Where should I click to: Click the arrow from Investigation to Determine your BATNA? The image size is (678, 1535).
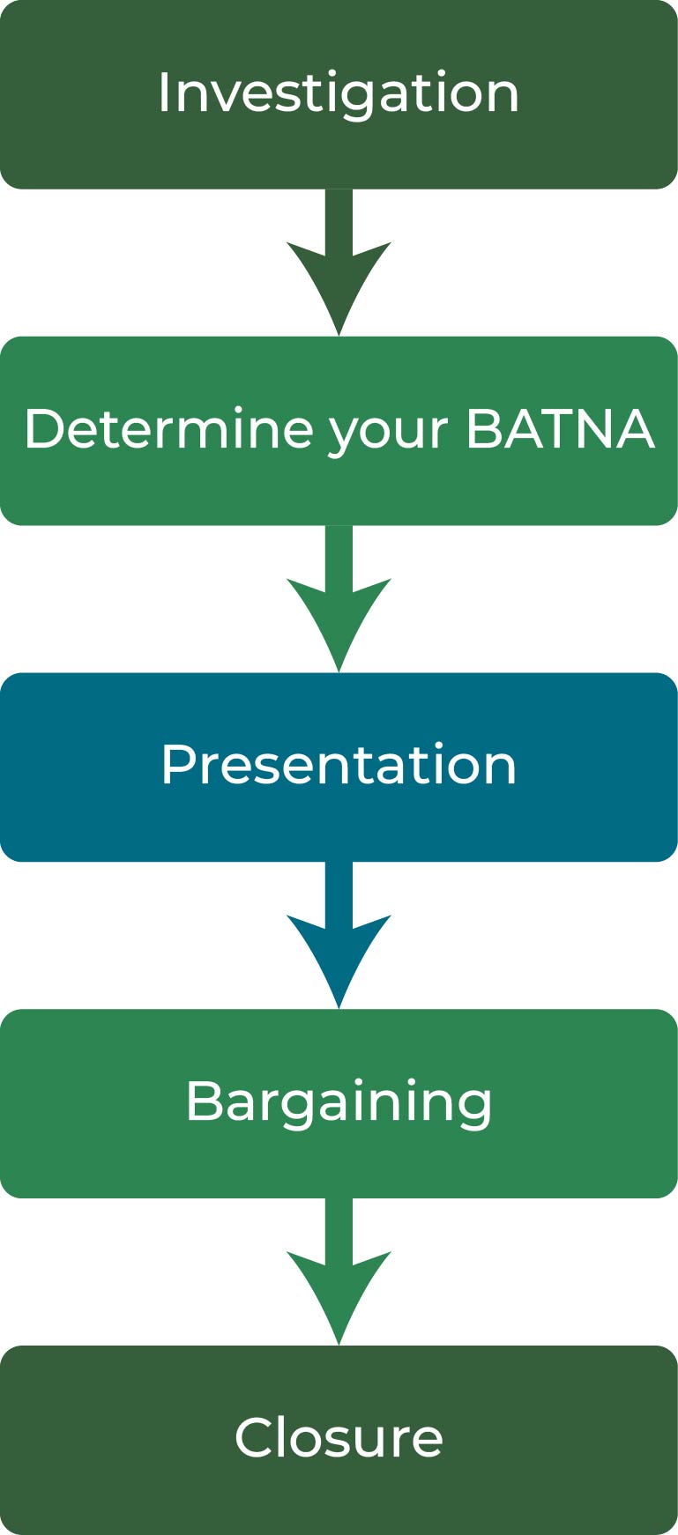click(339, 264)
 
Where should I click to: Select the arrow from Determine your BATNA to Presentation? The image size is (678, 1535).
click(339, 601)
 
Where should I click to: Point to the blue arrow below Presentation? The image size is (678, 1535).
click(339, 938)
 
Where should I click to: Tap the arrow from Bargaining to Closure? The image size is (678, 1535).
click(339, 1274)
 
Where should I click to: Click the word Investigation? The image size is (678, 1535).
click(339, 93)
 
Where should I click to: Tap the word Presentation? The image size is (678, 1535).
click(339, 765)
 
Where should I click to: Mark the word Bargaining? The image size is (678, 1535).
click(339, 1101)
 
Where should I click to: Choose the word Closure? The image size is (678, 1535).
click(339, 1438)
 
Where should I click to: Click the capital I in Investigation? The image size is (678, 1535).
click(163, 93)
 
